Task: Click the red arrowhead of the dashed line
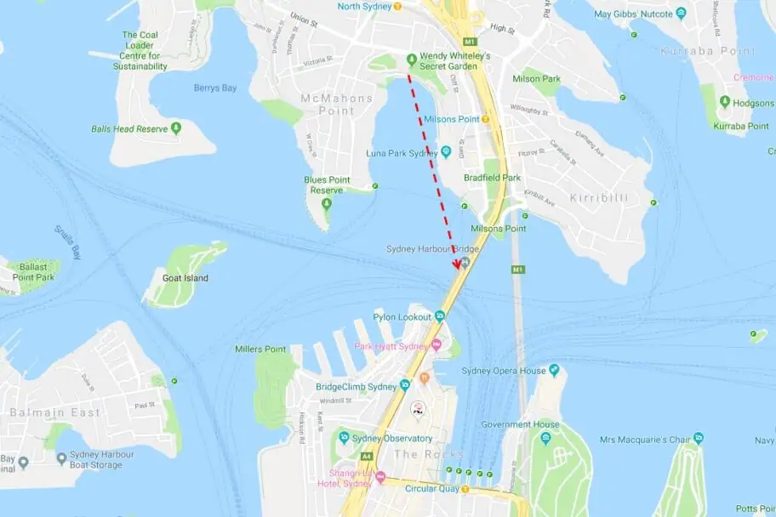pyautogui.click(x=457, y=264)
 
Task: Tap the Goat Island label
pyautogui.click(x=185, y=278)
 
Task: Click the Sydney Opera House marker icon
pyautogui.click(x=554, y=370)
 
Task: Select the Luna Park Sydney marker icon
pyautogui.click(x=445, y=151)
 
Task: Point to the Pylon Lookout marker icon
pyautogui.click(x=439, y=315)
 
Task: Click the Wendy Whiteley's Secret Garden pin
pyautogui.click(x=412, y=59)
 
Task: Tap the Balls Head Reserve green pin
pyautogui.click(x=176, y=128)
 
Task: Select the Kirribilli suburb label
pyautogui.click(x=598, y=197)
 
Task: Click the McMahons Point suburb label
pyautogui.click(x=337, y=104)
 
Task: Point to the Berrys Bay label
pyautogui.click(x=214, y=88)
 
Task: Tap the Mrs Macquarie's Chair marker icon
pyautogui.click(x=698, y=439)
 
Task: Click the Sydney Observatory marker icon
pyautogui.click(x=344, y=438)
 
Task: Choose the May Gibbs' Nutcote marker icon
pyautogui.click(x=681, y=14)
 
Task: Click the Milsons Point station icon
pyautogui.click(x=485, y=119)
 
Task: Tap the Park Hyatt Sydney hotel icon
pyautogui.click(x=436, y=344)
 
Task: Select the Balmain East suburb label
pyautogui.click(x=54, y=412)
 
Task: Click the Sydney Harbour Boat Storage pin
pyautogui.click(x=62, y=459)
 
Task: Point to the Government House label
pyautogui.click(x=521, y=424)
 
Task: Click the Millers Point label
pyautogui.click(x=260, y=349)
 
